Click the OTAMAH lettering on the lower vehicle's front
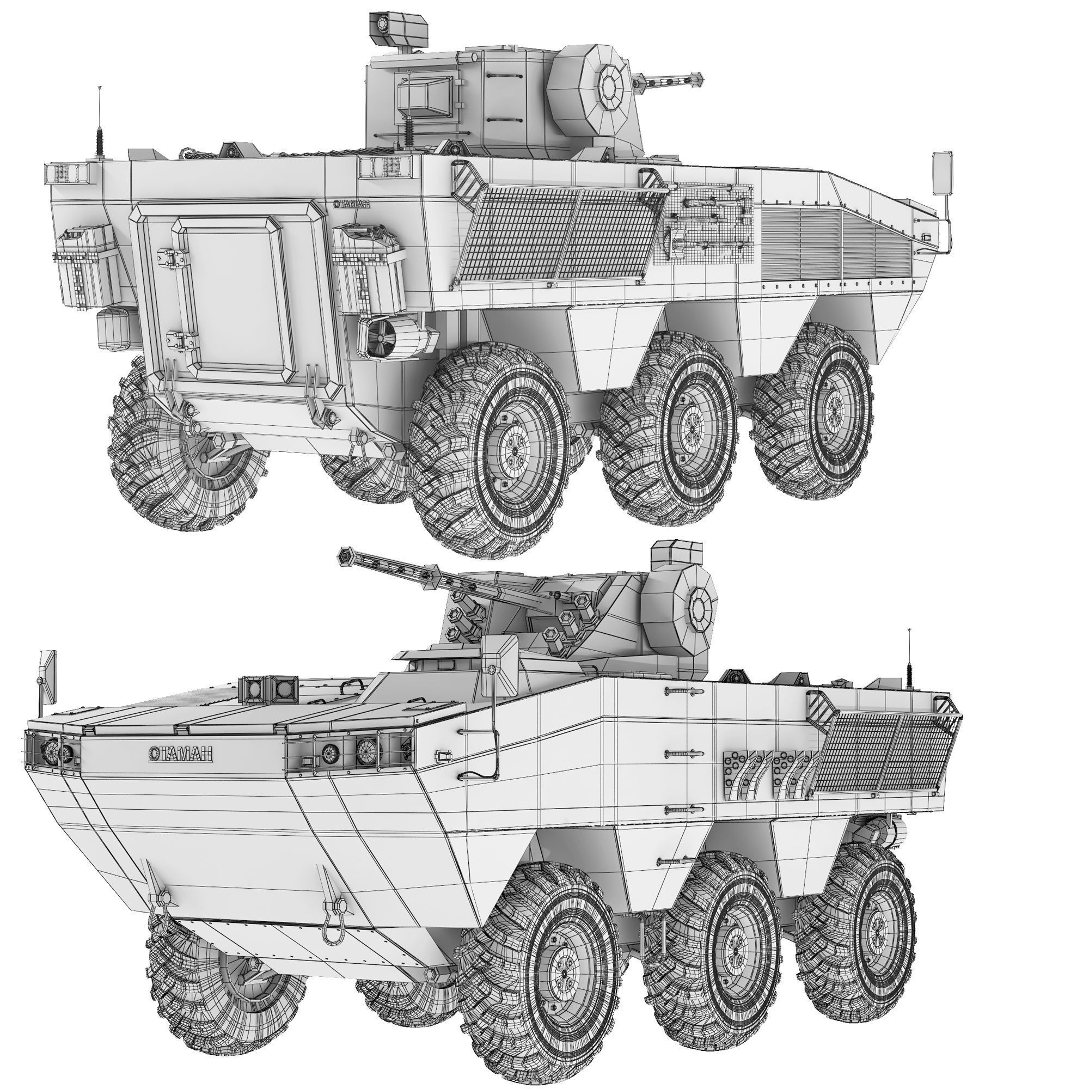[x=180, y=754]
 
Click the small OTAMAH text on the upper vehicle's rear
[x=352, y=204]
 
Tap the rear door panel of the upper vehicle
[x=237, y=299]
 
